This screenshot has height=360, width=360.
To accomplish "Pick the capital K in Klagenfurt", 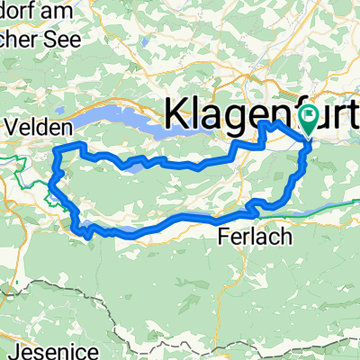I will coord(176,117).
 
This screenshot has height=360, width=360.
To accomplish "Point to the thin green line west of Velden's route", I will coord(18,163).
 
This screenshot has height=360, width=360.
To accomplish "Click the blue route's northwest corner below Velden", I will coord(58,147).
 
